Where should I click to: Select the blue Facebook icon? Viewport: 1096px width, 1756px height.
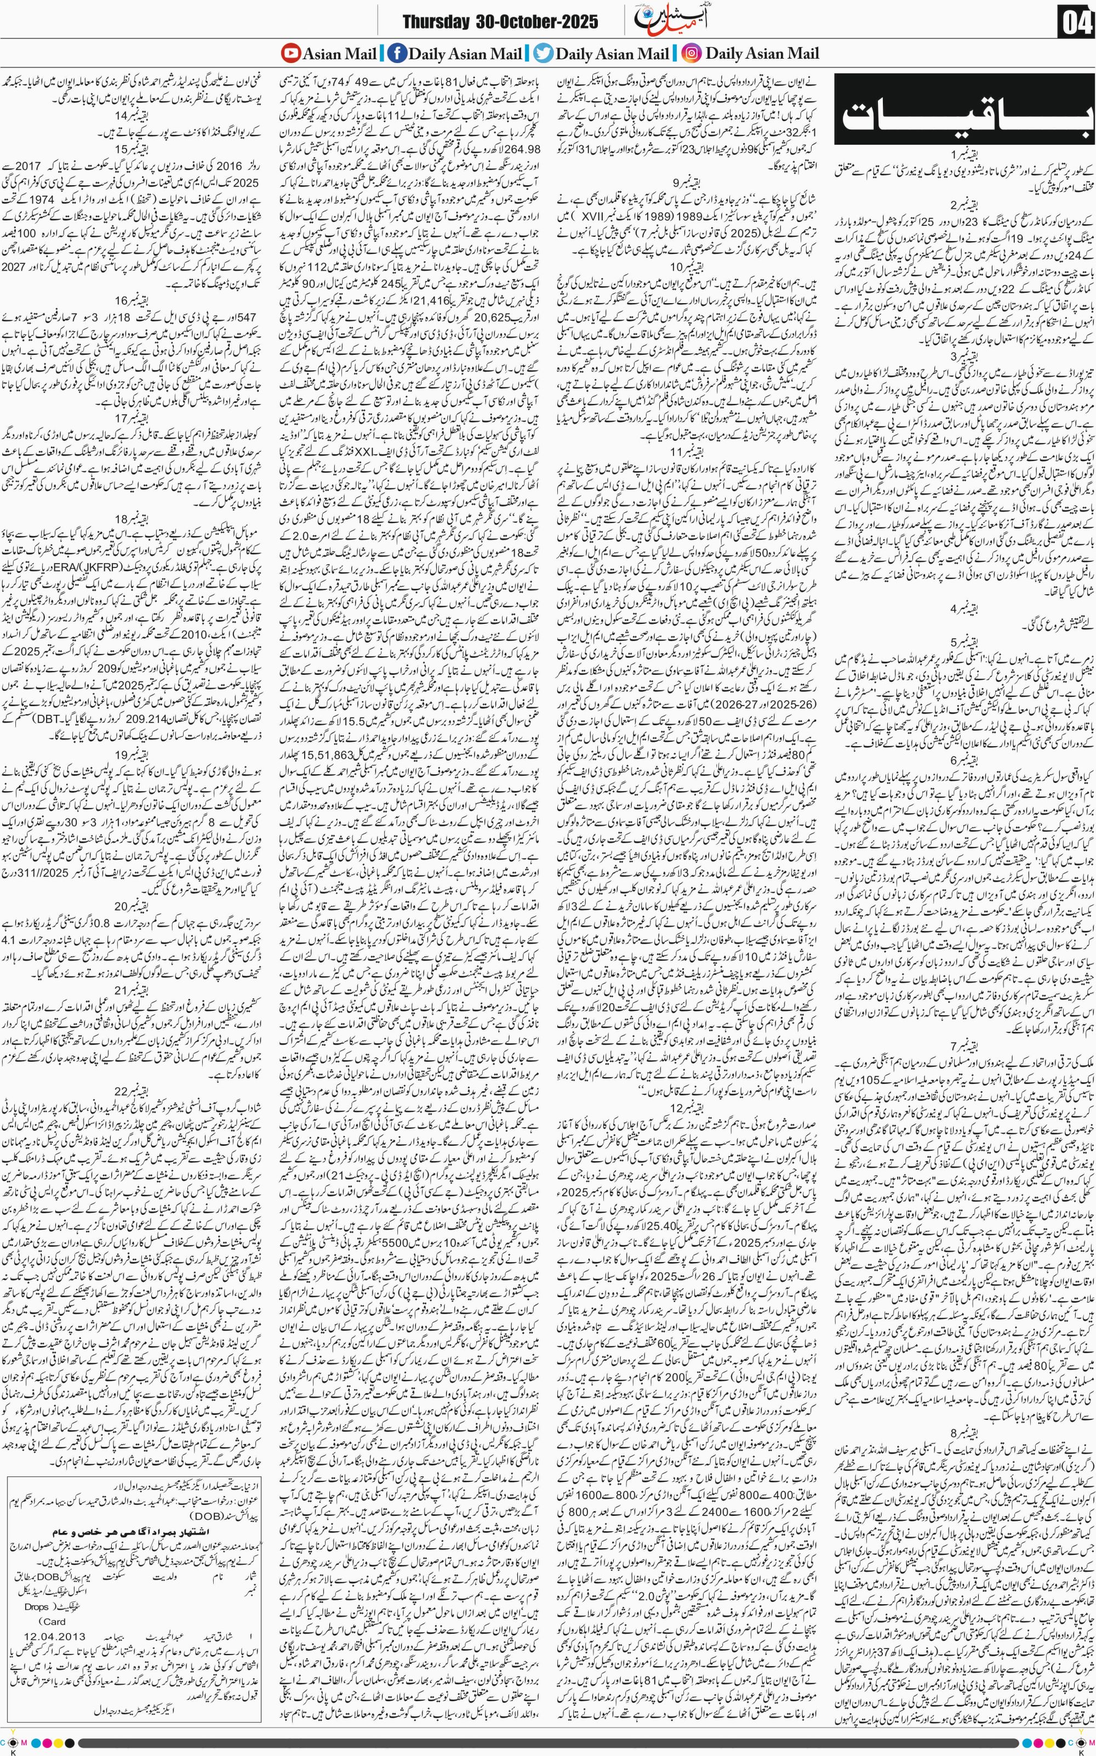(x=397, y=53)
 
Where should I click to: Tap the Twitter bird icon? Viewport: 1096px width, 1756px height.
(x=544, y=53)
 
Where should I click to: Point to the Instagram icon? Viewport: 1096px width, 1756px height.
(x=692, y=53)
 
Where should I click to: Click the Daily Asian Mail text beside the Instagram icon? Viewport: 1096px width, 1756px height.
(x=762, y=53)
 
